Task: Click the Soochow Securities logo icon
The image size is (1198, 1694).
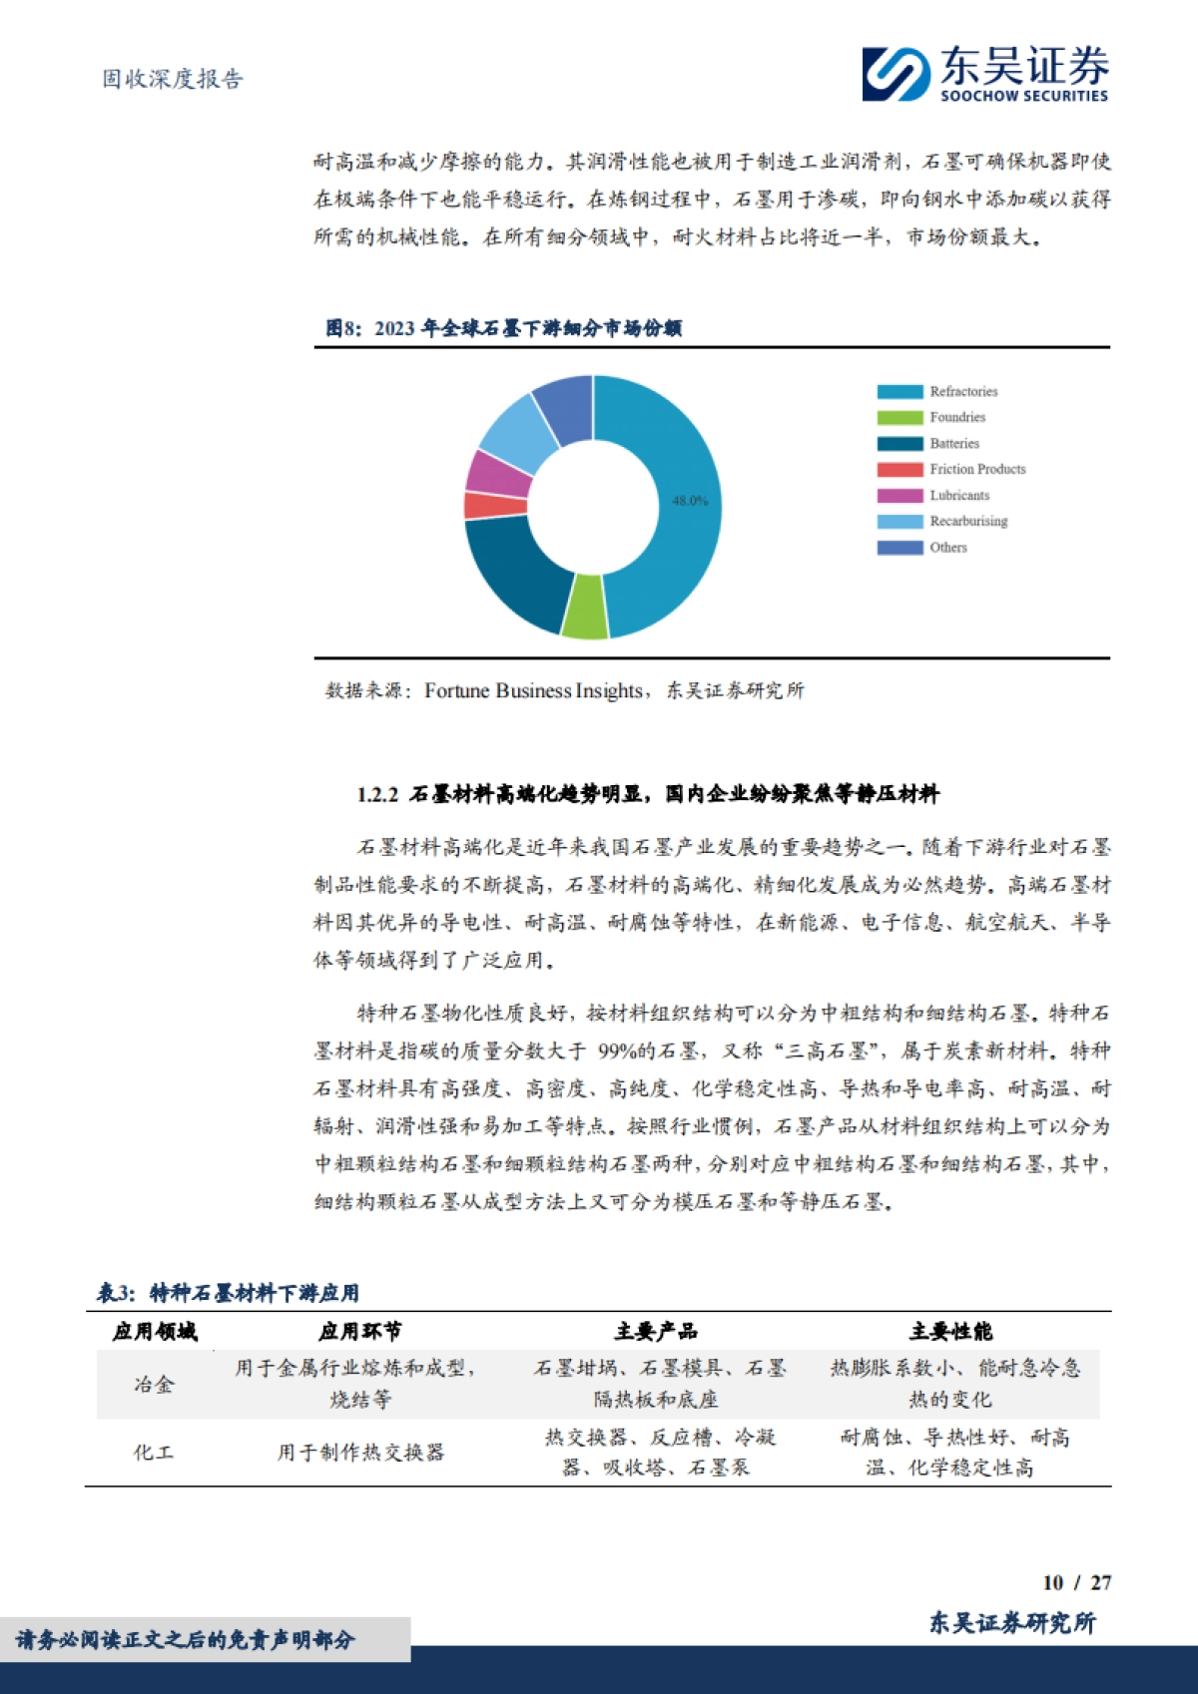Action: coord(896,74)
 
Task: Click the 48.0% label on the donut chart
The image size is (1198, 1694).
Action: coord(689,501)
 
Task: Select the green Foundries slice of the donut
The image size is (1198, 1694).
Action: coord(584,608)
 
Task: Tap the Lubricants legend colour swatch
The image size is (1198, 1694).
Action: coord(899,496)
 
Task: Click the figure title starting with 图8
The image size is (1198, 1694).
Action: coord(504,328)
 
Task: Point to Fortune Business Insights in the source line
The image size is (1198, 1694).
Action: coord(533,690)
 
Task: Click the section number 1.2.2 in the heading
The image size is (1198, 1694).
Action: coord(377,795)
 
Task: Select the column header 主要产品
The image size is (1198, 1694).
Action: coord(655,1332)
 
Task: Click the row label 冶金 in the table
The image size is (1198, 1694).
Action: coord(154,1384)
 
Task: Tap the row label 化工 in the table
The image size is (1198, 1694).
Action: coord(154,1453)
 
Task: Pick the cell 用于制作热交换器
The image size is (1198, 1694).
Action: coord(360,1453)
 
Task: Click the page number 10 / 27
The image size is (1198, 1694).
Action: coord(1075,1582)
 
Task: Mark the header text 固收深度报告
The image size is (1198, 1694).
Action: coord(173,79)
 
